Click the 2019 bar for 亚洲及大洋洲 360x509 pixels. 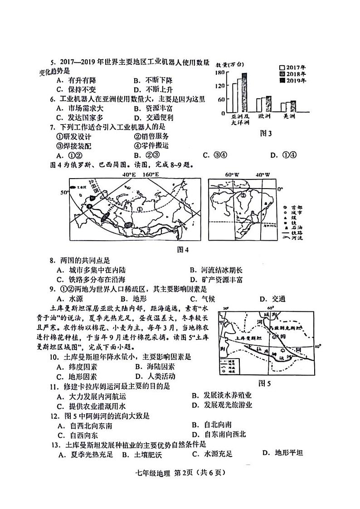pyautogui.click(x=244, y=92)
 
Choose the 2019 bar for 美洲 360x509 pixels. pyautogui.click(x=293, y=107)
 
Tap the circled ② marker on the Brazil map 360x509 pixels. pyautogui.click(x=243, y=196)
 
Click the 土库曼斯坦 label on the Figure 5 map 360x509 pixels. pyautogui.click(x=248, y=338)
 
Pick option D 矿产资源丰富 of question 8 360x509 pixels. pyautogui.click(x=216, y=280)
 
